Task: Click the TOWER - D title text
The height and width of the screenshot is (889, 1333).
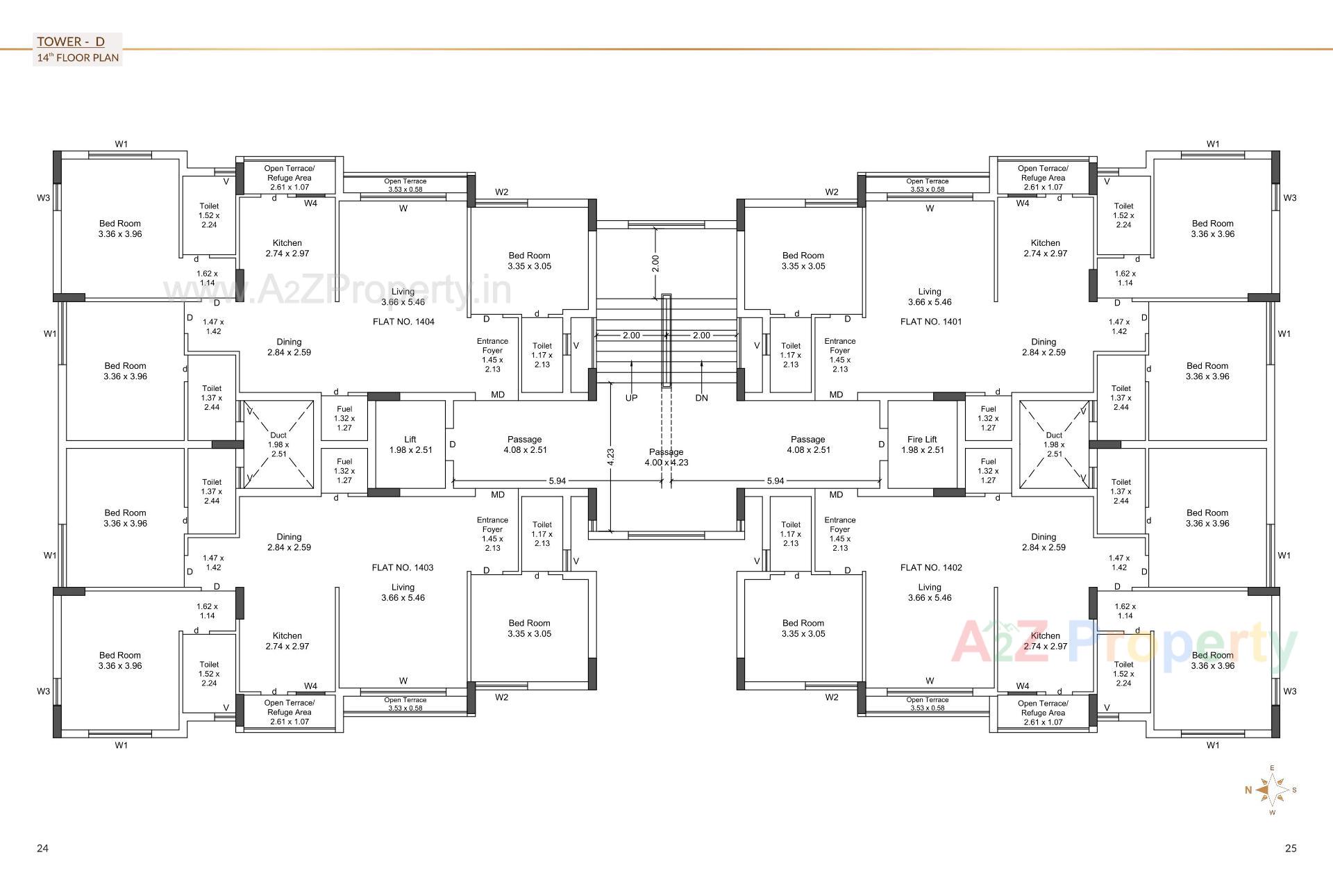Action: click(x=70, y=42)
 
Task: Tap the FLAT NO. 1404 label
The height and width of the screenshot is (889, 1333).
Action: click(x=403, y=322)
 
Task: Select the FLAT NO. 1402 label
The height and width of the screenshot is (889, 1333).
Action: click(x=931, y=567)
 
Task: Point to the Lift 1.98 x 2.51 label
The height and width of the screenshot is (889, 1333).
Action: click(x=410, y=444)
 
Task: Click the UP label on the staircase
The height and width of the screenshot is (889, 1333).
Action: click(x=631, y=398)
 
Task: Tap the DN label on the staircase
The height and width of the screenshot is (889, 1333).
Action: click(x=701, y=398)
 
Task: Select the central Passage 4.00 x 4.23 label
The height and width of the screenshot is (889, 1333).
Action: click(x=666, y=457)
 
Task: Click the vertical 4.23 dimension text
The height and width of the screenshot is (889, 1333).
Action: click(x=610, y=456)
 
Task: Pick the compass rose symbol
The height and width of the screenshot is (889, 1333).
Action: click(x=1272, y=790)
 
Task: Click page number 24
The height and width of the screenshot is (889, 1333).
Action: click(x=42, y=848)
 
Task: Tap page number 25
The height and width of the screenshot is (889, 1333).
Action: click(x=1291, y=848)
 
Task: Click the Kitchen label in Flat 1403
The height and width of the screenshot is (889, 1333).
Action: click(x=287, y=640)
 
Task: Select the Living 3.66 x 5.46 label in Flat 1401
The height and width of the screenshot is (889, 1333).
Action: click(x=930, y=297)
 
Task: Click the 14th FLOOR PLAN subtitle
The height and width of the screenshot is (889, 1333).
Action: click(x=78, y=58)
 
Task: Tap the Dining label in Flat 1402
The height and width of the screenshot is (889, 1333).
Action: click(x=1043, y=542)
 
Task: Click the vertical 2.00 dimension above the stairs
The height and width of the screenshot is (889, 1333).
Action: click(x=655, y=263)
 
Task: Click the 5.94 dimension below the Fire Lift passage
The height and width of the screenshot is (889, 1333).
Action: click(x=775, y=481)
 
